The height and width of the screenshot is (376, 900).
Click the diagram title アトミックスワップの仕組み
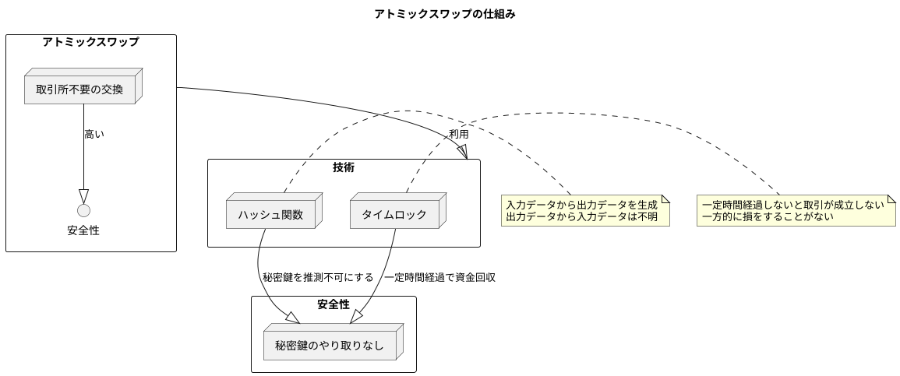(x=444, y=14)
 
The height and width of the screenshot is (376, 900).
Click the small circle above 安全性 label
(x=83, y=210)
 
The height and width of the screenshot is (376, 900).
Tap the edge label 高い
(x=94, y=134)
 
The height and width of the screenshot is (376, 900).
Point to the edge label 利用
(x=459, y=134)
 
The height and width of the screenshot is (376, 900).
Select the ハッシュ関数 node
(x=270, y=214)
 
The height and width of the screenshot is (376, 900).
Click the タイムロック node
(x=394, y=214)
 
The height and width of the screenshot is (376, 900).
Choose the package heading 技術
(x=344, y=167)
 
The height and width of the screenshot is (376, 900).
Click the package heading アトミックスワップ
(x=91, y=43)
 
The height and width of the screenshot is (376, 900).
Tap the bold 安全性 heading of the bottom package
(x=334, y=304)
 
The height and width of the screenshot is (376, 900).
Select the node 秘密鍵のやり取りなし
(x=330, y=345)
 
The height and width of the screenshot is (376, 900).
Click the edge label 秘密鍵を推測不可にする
(x=318, y=276)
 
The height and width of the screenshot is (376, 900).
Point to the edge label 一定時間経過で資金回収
(x=439, y=276)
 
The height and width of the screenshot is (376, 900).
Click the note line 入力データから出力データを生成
(x=581, y=205)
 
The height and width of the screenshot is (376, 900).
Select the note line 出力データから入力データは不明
(x=581, y=216)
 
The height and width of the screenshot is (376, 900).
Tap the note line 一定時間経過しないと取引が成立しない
(x=792, y=205)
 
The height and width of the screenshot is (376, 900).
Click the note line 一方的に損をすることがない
(x=768, y=216)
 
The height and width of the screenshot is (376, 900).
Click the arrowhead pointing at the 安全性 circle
(x=83, y=196)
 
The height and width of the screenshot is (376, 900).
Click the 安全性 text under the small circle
(x=83, y=230)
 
